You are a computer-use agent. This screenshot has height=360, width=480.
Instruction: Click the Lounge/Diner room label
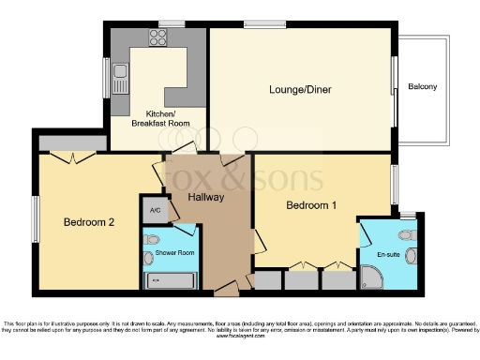tap(300, 90)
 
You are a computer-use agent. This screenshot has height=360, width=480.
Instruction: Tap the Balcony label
tap(422, 87)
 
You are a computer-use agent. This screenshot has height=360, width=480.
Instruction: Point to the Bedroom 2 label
tap(89, 222)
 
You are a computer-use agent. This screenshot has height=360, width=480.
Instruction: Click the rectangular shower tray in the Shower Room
tap(171, 280)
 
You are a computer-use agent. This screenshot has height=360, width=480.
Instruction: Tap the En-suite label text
tap(388, 254)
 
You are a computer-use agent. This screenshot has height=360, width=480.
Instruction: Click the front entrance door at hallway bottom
tap(226, 292)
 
